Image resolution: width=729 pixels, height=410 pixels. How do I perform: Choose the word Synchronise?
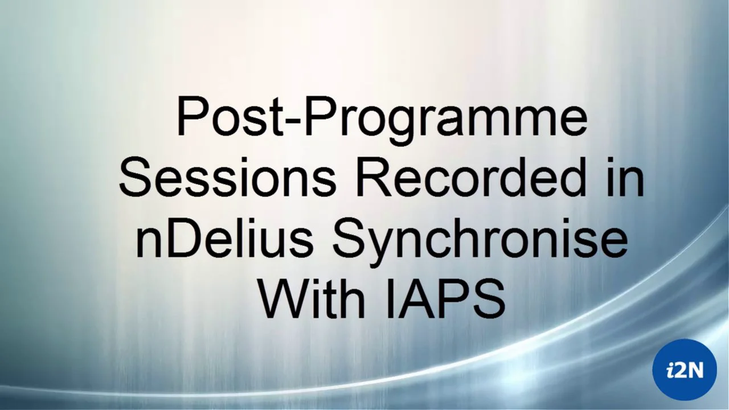479,240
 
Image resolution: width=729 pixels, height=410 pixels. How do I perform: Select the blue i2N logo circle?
684,370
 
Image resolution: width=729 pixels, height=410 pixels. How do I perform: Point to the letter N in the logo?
694,370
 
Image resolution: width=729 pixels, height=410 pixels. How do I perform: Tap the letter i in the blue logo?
671,370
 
